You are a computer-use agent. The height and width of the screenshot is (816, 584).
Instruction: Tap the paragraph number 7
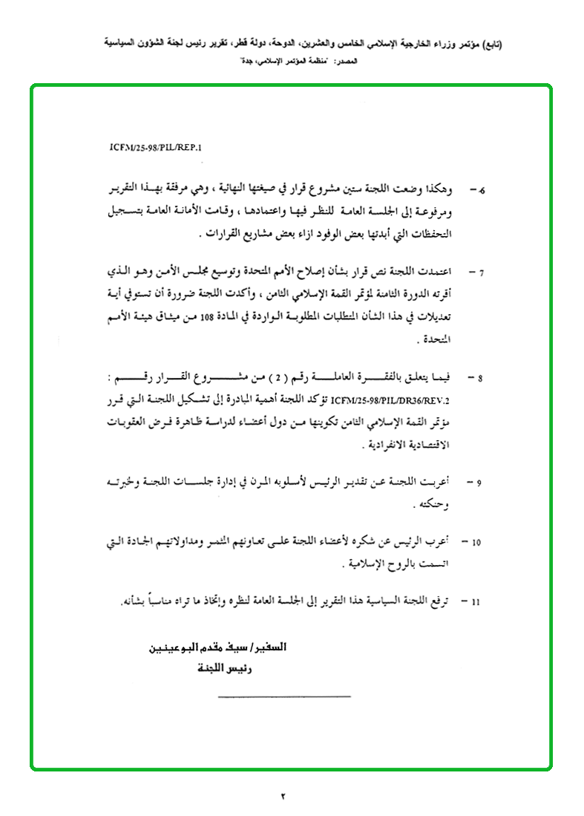(481, 272)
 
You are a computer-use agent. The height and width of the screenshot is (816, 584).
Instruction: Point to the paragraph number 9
(480, 483)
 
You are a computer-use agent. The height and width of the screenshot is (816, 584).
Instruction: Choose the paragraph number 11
(476, 599)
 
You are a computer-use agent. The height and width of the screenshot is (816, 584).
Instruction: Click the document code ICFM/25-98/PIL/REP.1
(150, 148)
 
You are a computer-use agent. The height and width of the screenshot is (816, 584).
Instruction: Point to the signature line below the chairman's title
(284, 696)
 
